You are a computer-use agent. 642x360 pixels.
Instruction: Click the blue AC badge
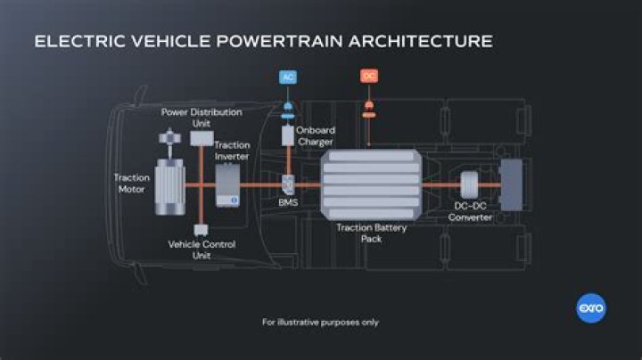pos(288,77)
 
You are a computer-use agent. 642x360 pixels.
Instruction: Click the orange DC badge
pos(368,77)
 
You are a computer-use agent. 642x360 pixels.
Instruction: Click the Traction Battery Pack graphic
pos(372,185)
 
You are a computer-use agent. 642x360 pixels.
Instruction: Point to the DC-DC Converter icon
pos(469,186)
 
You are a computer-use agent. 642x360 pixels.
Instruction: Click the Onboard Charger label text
pos(315,135)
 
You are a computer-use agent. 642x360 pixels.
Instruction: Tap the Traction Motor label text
pos(132,183)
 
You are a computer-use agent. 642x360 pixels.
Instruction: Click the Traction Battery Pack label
pos(372,233)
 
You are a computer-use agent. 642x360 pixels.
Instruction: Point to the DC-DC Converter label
pos(470,212)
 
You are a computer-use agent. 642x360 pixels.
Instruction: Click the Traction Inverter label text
pos(232,151)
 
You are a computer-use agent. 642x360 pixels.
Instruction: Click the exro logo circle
pos(591,308)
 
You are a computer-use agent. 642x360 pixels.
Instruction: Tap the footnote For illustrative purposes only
pos(320,322)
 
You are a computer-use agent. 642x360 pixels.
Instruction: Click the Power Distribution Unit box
pos(201,138)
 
